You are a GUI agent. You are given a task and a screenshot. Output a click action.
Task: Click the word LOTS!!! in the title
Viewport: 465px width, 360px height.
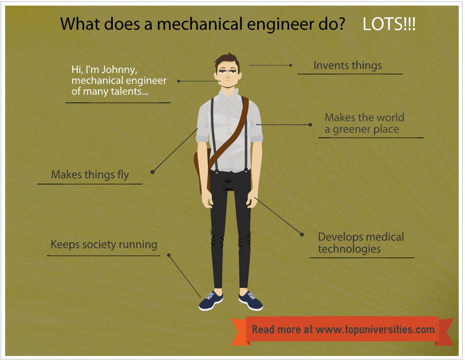tap(389, 24)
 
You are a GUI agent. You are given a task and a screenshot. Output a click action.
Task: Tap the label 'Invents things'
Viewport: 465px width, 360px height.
tap(348, 65)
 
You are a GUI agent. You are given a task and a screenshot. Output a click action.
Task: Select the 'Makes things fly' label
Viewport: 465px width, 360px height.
tap(90, 175)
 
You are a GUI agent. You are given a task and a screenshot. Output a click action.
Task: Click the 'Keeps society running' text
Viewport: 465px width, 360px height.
tap(104, 245)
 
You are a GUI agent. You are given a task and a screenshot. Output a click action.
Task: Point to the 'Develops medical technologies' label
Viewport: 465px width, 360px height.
tap(361, 243)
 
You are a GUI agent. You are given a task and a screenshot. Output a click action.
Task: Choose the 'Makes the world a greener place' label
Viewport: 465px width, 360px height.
tap(364, 123)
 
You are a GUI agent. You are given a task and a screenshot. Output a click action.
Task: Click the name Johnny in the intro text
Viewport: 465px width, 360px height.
tap(119, 70)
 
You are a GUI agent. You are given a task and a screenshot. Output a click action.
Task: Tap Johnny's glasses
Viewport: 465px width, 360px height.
tap(228, 71)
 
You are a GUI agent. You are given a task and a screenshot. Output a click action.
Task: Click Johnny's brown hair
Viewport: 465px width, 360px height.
tap(227, 61)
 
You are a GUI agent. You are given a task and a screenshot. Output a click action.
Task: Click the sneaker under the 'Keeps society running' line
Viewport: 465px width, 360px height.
tap(211, 301)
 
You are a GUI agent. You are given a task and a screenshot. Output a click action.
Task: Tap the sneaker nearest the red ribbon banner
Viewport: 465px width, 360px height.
tap(251, 300)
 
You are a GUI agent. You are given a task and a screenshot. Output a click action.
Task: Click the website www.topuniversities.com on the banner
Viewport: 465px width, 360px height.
tap(375, 330)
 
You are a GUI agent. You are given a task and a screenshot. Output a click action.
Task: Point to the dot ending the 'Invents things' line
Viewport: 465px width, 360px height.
tap(291, 65)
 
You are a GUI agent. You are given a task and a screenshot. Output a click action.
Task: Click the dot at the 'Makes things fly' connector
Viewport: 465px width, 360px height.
tap(152, 172)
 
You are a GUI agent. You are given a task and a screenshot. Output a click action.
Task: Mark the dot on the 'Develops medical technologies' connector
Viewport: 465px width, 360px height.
tap(302, 234)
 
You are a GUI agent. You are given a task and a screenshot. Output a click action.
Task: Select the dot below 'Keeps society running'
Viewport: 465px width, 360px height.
tap(169, 255)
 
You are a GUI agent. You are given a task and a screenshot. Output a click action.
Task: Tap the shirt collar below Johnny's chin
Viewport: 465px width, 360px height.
tap(227, 96)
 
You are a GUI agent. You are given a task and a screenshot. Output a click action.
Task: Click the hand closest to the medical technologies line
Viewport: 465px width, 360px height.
tap(251, 199)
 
